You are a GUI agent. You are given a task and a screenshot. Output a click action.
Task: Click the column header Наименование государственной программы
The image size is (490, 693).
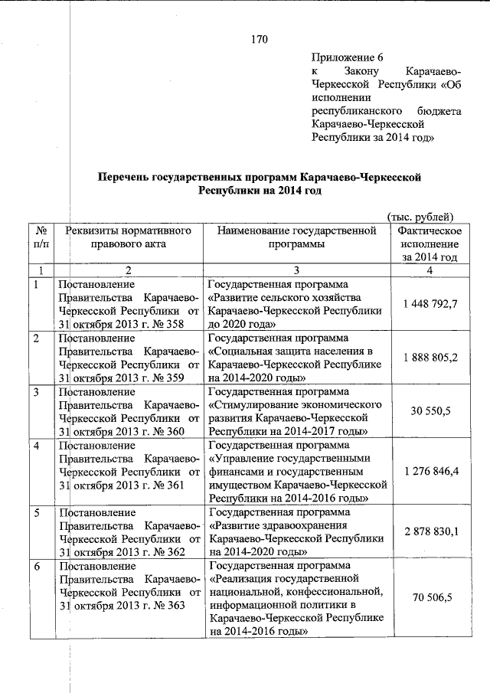296,237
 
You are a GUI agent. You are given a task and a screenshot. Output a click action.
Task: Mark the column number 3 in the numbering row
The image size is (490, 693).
296,270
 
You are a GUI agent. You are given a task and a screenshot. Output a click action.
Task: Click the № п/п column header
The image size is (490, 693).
41,237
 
